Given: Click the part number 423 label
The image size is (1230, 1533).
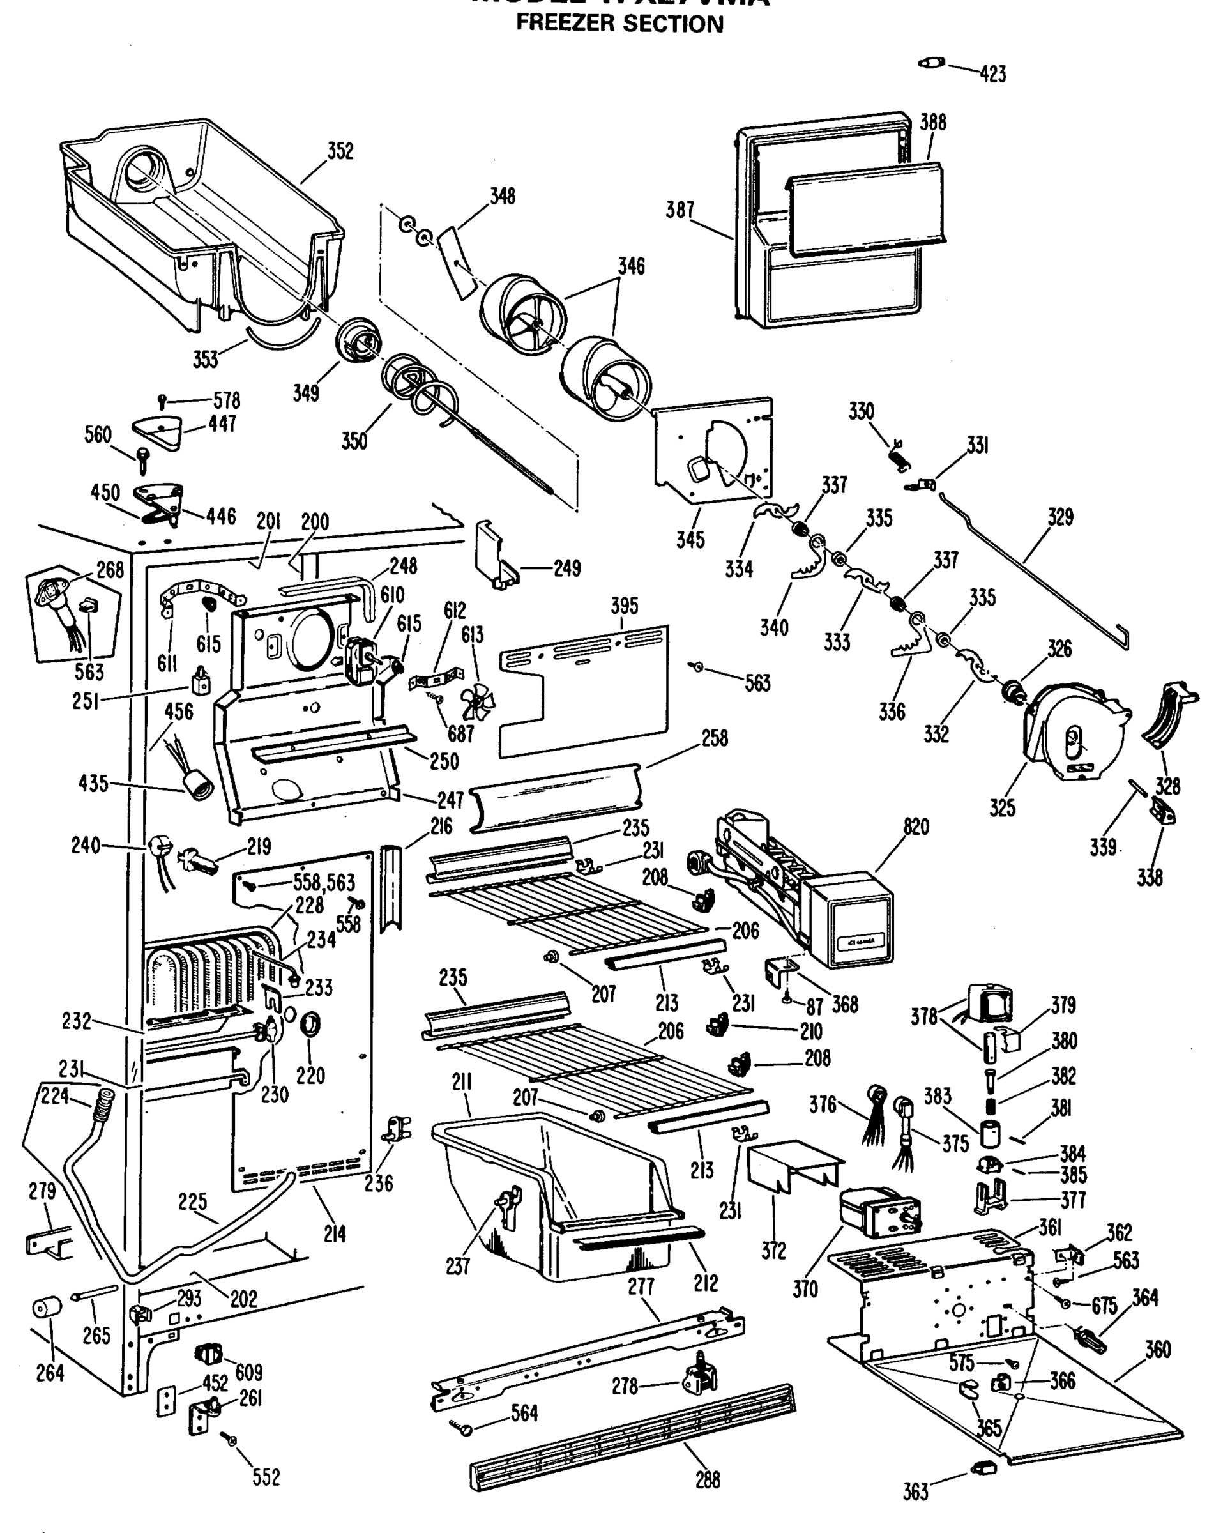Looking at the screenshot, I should pos(992,74).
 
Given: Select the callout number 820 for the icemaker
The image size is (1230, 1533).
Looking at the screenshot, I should pos(916,827).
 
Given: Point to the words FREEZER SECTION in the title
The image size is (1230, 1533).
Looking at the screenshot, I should pos(619,24).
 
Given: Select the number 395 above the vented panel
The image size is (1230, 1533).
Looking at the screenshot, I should pos(624,606).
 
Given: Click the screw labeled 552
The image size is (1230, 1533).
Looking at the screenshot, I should pos(231,1441).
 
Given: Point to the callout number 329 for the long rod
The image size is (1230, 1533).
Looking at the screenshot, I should pos(1059,517).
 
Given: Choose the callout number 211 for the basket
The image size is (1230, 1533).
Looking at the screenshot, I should pos(462,1083).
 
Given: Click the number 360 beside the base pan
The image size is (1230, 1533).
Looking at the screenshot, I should pos(1157,1349).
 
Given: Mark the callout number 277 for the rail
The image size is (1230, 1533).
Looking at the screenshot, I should pos(641,1286).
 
